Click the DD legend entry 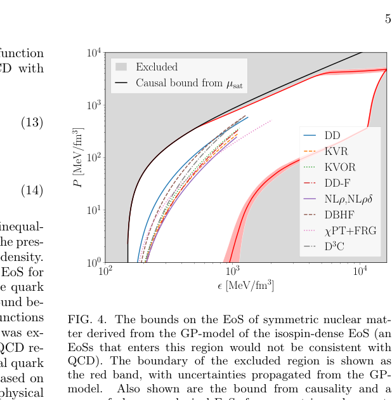(x=332, y=135)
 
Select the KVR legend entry (x=336, y=151)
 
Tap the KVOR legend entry (x=339, y=167)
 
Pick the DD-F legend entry (x=337, y=183)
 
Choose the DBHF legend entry (x=339, y=215)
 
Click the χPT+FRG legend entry (x=350, y=230)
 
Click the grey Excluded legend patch (x=122, y=67)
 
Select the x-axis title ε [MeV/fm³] (x=245, y=285)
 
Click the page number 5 (x=388, y=19)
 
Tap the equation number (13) (x=32, y=123)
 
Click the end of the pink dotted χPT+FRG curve (x=271, y=120)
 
